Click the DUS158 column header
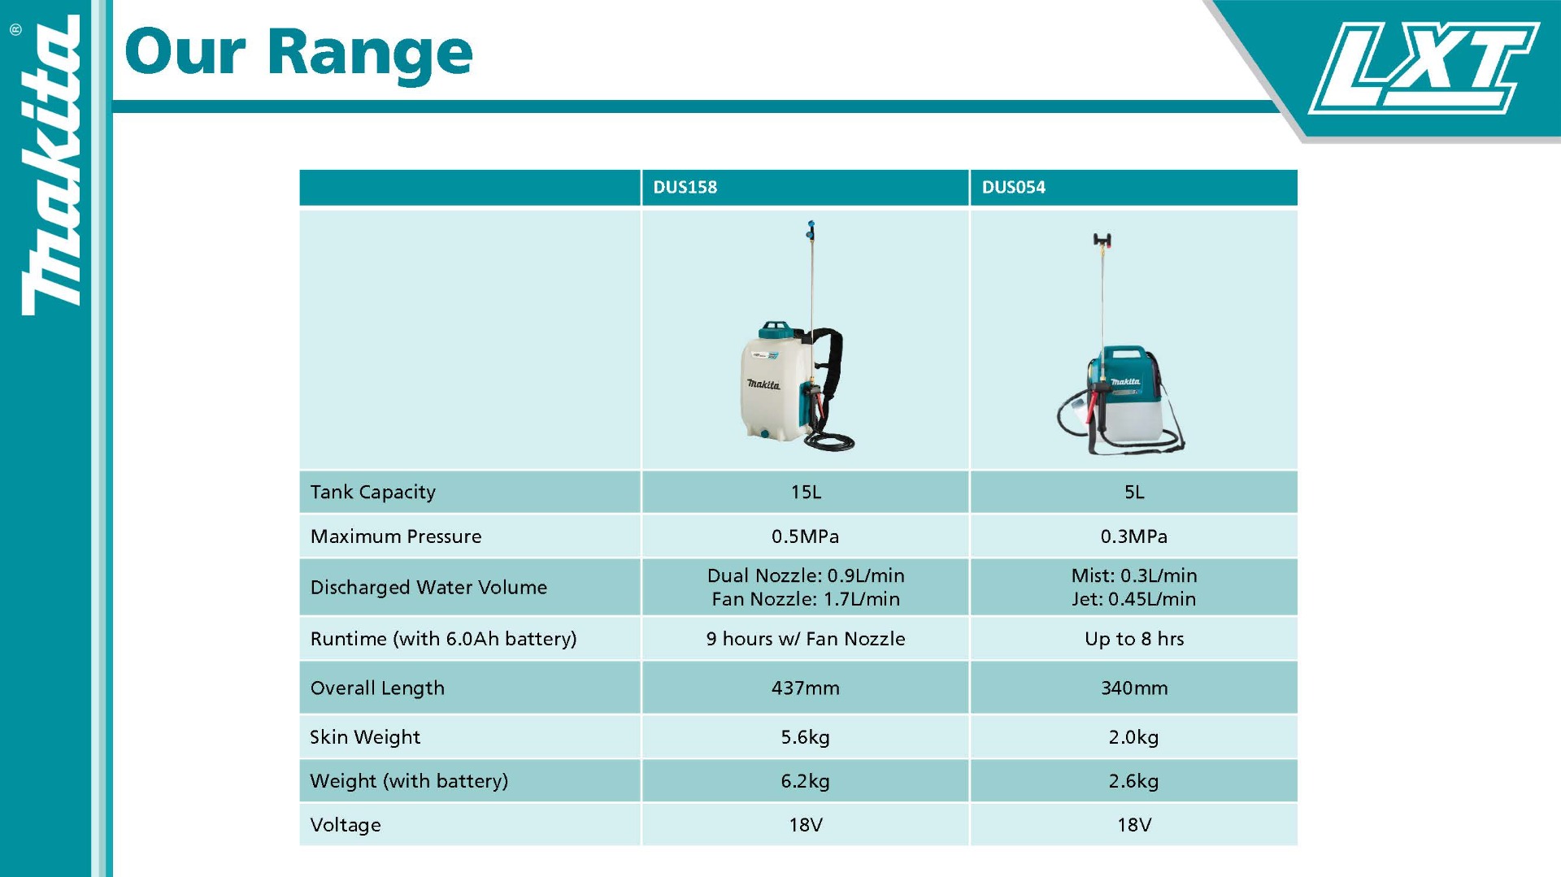coord(685,187)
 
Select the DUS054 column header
coord(1013,187)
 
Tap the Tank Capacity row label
coord(372,492)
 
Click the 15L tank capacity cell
coord(806,492)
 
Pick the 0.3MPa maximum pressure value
coord(1133,536)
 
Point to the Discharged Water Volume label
coord(428,587)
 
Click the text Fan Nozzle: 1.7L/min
coord(806,599)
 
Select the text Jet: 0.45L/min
coord(1133,599)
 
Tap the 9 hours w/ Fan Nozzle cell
coord(806,639)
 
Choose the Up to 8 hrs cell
coord(1133,639)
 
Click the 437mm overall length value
coord(806,688)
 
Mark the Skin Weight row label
coord(365,737)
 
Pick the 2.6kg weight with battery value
coord(1133,781)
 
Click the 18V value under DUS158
coord(806,825)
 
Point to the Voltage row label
coord(346,825)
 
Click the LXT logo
coord(1423,67)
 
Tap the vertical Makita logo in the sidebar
coord(50,167)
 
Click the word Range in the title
coord(369,54)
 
